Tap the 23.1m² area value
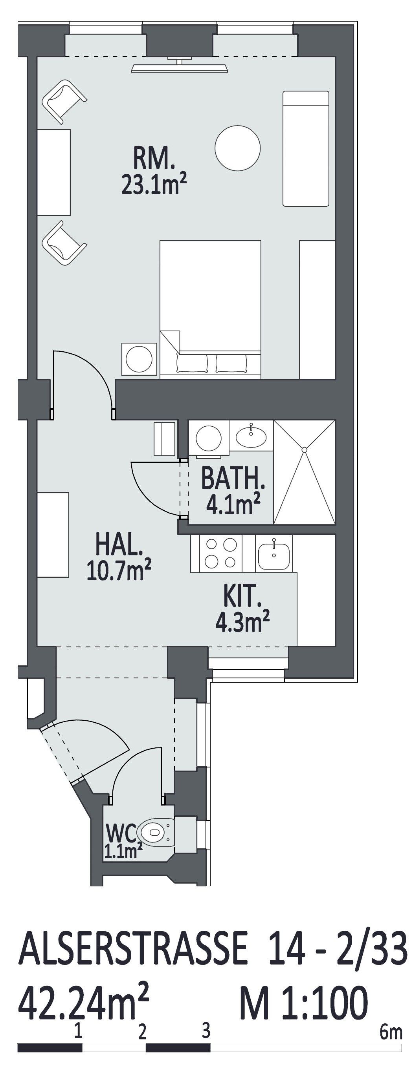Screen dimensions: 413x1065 point(152,184)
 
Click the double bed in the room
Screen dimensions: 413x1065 point(210,309)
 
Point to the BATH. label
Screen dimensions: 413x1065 point(232,479)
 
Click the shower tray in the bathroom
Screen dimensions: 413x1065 point(304,472)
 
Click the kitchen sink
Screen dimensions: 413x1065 point(273,554)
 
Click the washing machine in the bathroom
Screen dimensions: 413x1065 point(209,438)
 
